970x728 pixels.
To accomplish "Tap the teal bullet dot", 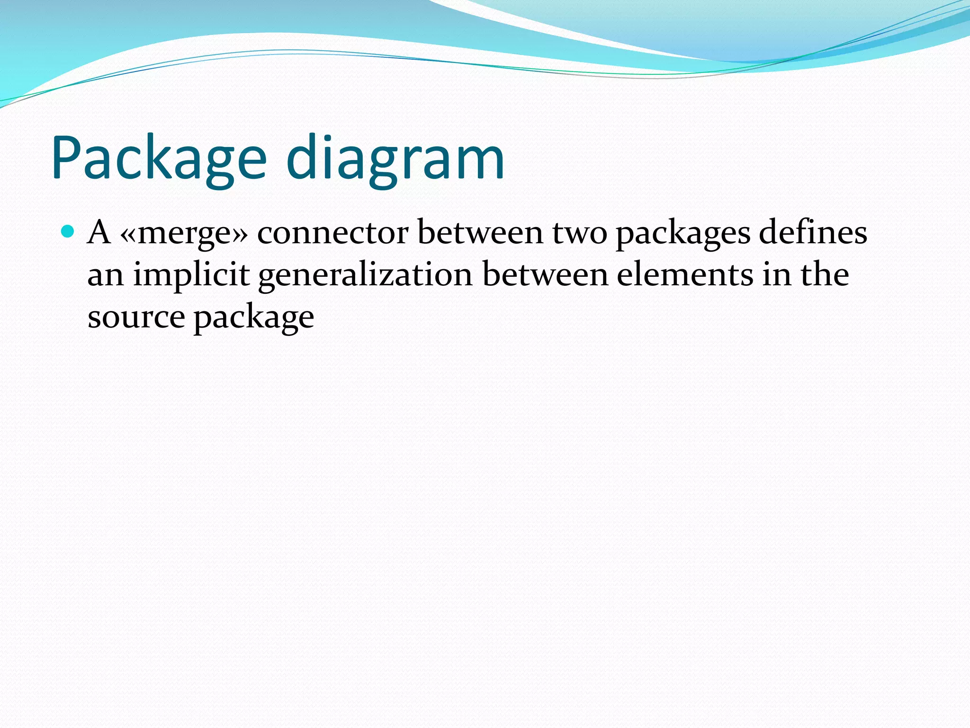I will tap(68, 232).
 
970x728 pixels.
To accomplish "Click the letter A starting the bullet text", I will tap(99, 233).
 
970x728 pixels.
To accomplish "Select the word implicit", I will tap(191, 275).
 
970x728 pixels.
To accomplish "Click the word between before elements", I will tap(545, 274).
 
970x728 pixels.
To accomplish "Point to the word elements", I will tap(685, 274).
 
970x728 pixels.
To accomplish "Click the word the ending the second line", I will tap(825, 274).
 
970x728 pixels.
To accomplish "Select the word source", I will tap(136, 317).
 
